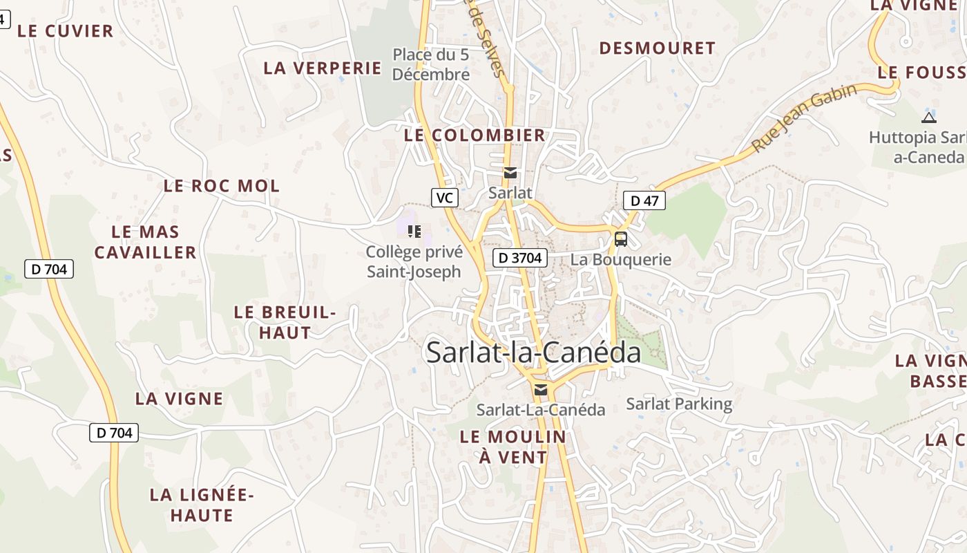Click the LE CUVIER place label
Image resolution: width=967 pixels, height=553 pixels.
(x=66, y=31)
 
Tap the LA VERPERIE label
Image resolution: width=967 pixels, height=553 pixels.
(x=323, y=68)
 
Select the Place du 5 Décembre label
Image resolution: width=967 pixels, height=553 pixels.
(x=431, y=64)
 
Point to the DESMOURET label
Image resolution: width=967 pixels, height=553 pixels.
(x=657, y=48)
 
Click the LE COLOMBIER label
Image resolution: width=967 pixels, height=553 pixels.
(x=475, y=135)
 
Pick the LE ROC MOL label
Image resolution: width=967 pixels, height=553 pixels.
(x=222, y=186)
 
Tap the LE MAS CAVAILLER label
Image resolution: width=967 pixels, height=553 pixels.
(x=145, y=242)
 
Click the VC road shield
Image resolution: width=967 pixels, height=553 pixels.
(x=445, y=198)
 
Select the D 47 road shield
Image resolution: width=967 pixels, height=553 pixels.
(x=644, y=201)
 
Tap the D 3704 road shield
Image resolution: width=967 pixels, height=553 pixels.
(x=520, y=259)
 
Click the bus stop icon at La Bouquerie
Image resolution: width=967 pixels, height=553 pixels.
(x=621, y=239)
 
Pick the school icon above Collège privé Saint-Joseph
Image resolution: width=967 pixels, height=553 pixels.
(x=414, y=231)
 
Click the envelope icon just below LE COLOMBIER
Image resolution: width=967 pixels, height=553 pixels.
(x=510, y=173)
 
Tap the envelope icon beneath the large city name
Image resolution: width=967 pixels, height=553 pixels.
(x=541, y=390)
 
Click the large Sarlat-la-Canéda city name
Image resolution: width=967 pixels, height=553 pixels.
(x=533, y=353)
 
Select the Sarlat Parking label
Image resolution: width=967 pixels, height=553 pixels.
(x=679, y=404)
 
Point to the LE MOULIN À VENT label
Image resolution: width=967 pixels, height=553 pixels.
(x=513, y=447)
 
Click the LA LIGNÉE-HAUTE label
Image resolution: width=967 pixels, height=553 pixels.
(x=202, y=505)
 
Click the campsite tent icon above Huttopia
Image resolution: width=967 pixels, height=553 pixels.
(x=929, y=117)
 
